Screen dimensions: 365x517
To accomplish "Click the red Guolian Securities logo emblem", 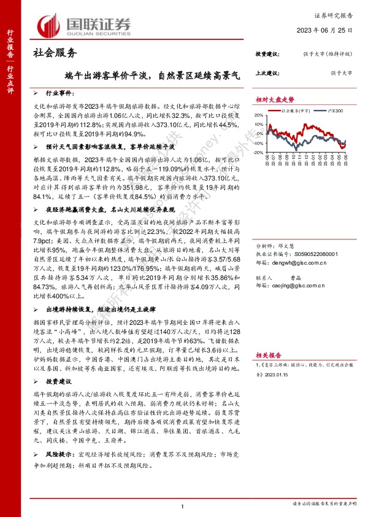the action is (48, 26).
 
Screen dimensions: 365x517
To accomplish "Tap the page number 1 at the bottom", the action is (183, 506).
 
